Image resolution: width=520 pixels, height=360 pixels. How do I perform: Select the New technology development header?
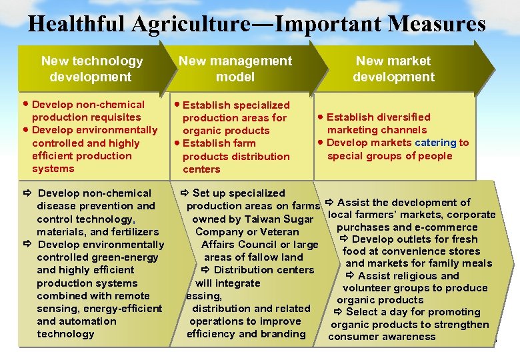(91, 69)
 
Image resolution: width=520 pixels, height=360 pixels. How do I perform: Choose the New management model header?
(235, 69)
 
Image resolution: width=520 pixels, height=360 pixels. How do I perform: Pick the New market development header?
(393, 69)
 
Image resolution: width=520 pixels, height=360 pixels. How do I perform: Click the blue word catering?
(435, 143)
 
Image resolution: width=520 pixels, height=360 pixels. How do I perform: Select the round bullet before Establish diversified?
(321, 117)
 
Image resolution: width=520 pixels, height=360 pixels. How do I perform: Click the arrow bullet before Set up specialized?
(185, 193)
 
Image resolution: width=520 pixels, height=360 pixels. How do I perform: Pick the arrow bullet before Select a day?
(338, 312)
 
